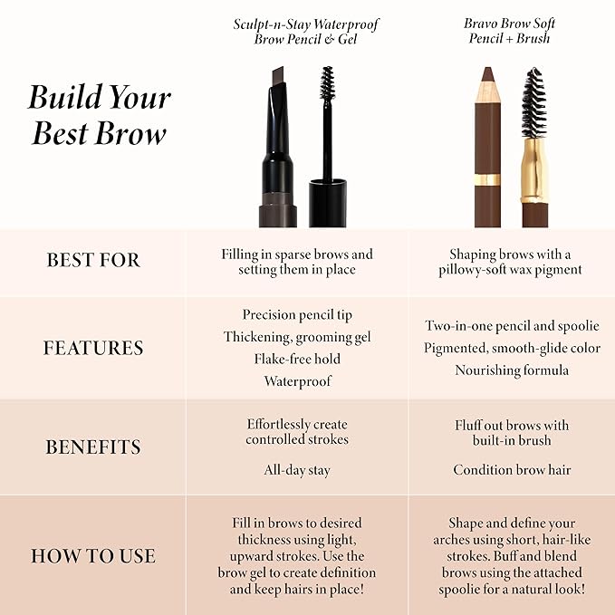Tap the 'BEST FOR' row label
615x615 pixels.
point(93,261)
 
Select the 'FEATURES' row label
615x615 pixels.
point(93,348)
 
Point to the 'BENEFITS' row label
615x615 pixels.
point(93,447)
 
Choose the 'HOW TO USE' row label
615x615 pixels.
point(93,556)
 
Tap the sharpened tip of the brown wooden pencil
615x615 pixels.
point(486,74)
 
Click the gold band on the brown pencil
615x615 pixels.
point(487,180)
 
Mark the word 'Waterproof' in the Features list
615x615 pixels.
point(297,381)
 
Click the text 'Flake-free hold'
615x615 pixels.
point(297,359)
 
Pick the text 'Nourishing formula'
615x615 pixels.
point(512,370)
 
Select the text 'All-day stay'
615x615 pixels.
point(297,470)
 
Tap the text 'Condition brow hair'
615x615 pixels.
point(512,470)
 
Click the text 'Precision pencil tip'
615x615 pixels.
point(297,315)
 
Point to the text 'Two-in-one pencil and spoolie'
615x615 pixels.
point(512,326)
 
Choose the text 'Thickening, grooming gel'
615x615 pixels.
point(297,337)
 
